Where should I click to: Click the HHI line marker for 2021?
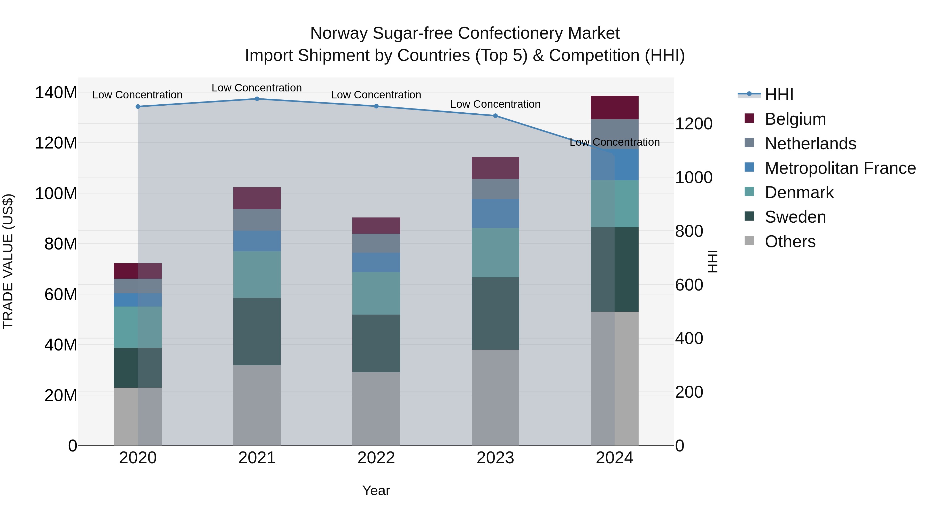coord(257,99)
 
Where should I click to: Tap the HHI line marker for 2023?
coord(495,116)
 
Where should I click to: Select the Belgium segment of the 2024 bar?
coord(615,107)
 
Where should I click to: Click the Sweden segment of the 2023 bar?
coord(495,313)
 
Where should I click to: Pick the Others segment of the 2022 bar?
coord(376,409)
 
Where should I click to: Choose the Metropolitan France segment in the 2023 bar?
coord(495,213)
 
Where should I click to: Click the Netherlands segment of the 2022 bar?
coord(376,243)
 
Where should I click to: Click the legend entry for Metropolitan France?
coord(840,168)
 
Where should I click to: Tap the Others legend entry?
coord(790,241)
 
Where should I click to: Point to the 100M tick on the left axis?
coord(56,193)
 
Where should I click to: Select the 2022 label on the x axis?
coord(376,458)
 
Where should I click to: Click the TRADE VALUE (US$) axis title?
coord(8,261)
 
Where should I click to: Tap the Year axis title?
coord(376,490)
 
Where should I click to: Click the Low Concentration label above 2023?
coord(495,104)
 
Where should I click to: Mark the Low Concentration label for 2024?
coord(615,142)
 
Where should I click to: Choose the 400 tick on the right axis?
coord(689,339)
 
